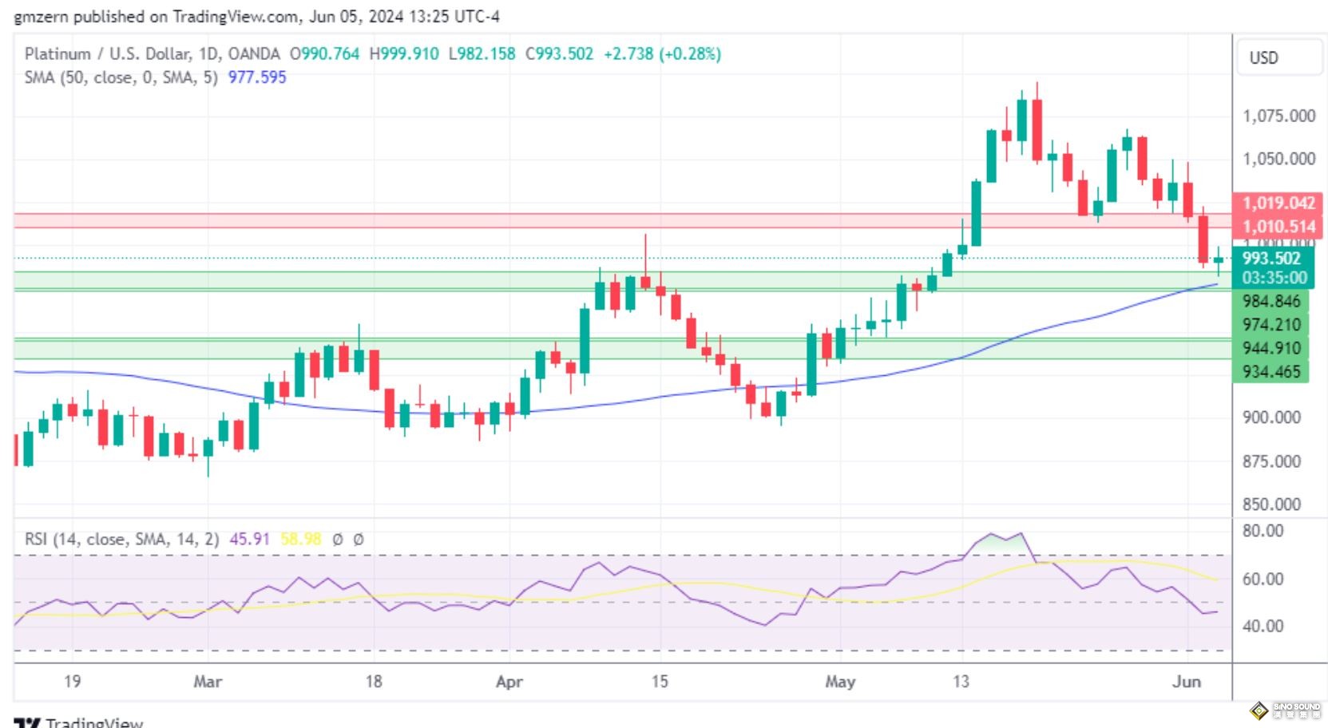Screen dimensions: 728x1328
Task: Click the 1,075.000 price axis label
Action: (x=1278, y=116)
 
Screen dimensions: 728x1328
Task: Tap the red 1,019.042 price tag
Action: (x=1278, y=203)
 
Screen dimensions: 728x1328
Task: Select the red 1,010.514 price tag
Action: (x=1278, y=227)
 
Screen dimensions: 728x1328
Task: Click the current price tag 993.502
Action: (x=1271, y=258)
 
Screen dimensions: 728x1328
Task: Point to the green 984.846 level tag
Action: (x=1271, y=301)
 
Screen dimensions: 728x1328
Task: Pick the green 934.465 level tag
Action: (x=1271, y=371)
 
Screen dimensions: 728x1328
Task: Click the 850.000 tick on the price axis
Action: (x=1271, y=504)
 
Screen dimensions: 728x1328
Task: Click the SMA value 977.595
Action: (x=257, y=77)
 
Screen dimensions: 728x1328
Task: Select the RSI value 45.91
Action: (x=249, y=539)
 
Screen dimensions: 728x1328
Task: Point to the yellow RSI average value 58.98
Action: (x=300, y=539)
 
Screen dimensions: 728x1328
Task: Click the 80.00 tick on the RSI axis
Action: (x=1263, y=531)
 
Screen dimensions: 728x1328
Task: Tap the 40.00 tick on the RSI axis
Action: (x=1263, y=626)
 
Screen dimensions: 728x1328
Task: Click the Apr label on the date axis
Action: (x=509, y=682)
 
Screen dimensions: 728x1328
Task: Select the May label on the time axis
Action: (x=839, y=682)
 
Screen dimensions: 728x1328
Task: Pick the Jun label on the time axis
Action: (x=1186, y=682)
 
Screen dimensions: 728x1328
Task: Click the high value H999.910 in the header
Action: (x=404, y=53)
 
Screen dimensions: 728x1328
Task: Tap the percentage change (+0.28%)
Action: (x=690, y=53)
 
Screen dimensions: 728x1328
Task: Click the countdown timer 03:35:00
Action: (x=1274, y=278)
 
